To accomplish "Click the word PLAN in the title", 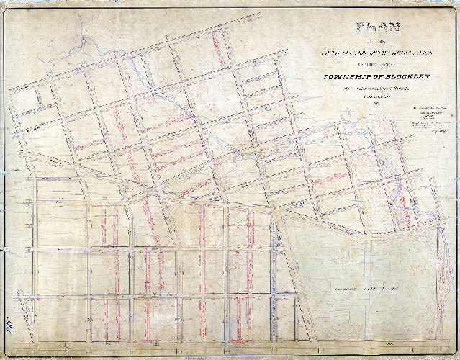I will (369, 29).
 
